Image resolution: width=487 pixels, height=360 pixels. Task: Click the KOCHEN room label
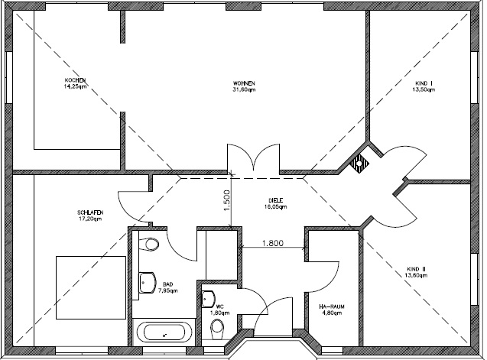click(74, 80)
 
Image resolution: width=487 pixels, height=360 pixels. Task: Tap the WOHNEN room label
click(244, 83)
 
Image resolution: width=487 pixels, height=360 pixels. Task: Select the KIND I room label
click(423, 83)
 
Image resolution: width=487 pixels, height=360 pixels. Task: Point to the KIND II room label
click(416, 268)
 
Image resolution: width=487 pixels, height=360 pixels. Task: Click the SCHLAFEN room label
click(90, 212)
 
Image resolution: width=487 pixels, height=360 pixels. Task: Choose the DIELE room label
click(275, 200)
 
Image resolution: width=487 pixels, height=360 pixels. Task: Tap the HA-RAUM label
click(333, 306)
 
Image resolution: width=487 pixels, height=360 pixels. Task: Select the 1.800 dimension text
click(273, 244)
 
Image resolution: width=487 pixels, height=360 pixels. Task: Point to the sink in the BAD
click(145, 282)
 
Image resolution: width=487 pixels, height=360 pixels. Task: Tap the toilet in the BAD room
click(150, 245)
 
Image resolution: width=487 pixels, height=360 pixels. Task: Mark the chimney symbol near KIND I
click(359, 161)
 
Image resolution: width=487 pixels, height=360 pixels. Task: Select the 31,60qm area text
click(244, 89)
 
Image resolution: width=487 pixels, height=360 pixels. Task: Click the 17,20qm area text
click(90, 219)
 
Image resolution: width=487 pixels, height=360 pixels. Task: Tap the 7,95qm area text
click(167, 290)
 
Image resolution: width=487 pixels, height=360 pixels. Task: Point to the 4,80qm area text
click(333, 313)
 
